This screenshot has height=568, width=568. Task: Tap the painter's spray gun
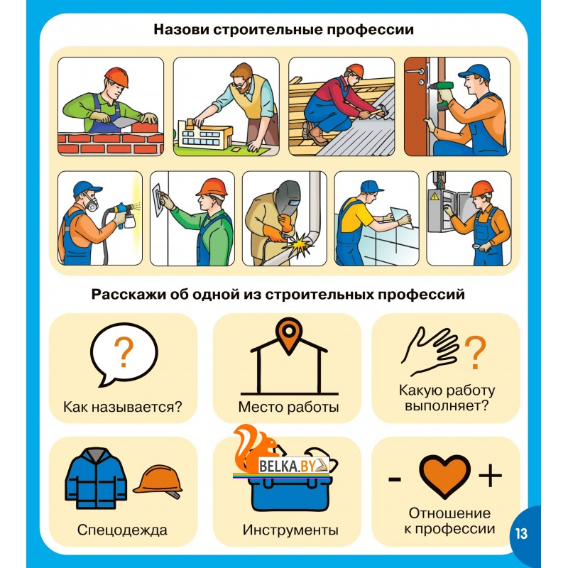[124, 216]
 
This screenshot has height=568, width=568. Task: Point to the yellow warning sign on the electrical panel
[435, 197]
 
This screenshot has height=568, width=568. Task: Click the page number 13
[521, 534]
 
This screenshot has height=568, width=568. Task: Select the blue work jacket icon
[96, 479]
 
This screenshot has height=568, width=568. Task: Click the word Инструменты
[290, 530]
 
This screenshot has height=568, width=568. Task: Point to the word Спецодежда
[122, 530]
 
